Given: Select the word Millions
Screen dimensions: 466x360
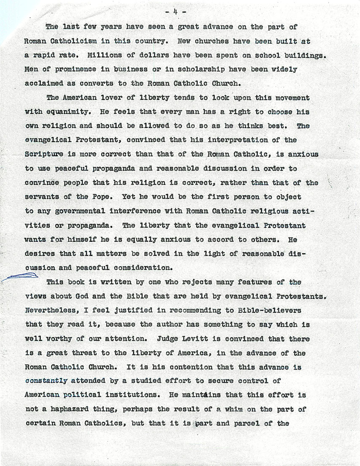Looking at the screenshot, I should (105, 56).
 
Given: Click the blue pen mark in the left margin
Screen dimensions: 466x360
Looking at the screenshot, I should (20, 276).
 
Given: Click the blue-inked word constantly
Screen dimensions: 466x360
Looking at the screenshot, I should (46, 381).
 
